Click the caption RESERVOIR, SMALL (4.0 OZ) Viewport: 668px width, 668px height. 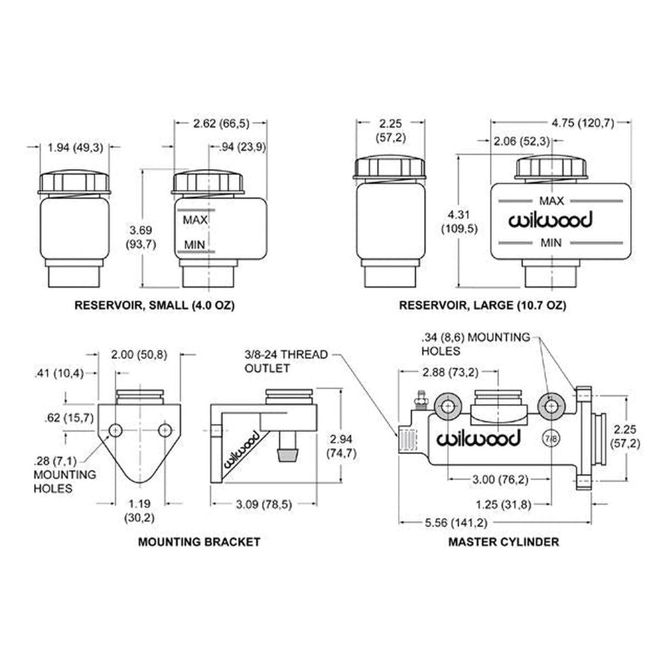click(x=154, y=305)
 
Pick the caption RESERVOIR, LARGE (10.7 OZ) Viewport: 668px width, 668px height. click(x=483, y=305)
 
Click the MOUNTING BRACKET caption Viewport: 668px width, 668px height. click(x=199, y=541)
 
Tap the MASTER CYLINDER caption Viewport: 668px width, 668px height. click(x=503, y=541)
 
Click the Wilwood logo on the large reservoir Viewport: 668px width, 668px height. click(x=551, y=220)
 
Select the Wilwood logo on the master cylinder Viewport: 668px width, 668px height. click(x=479, y=438)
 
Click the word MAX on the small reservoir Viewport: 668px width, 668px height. click(x=195, y=220)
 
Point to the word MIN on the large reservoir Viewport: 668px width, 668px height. click(x=552, y=243)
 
